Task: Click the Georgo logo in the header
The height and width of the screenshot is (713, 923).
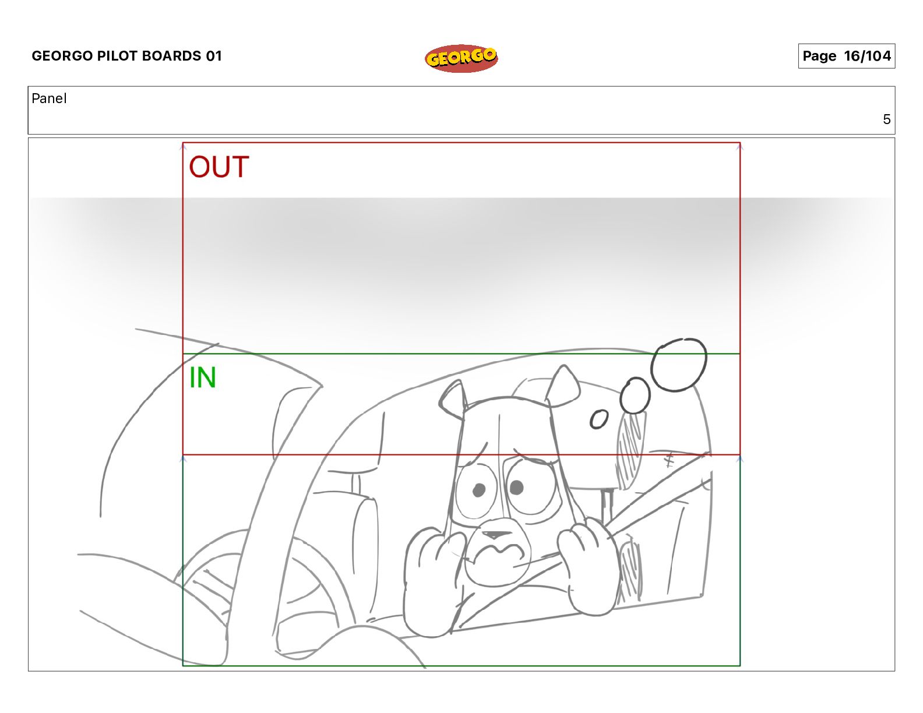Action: (x=461, y=58)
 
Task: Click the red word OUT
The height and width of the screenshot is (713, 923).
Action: (x=219, y=167)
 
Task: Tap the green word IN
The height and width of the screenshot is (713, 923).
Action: (x=203, y=377)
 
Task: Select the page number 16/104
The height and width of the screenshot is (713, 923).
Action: (x=868, y=56)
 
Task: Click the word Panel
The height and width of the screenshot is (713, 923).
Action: (x=49, y=98)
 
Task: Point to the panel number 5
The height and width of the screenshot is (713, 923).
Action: (x=886, y=119)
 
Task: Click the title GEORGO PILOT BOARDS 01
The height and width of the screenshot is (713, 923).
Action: (x=126, y=56)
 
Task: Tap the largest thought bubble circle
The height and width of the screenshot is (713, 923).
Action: (x=679, y=364)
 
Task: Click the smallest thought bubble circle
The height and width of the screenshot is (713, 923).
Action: (x=599, y=419)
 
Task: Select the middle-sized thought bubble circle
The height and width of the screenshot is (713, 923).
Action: (x=635, y=396)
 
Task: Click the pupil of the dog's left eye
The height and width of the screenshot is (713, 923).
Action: (x=479, y=490)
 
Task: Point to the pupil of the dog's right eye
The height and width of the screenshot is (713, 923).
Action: (x=516, y=487)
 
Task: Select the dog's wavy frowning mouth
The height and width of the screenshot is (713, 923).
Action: (x=501, y=551)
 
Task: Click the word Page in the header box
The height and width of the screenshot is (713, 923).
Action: (x=819, y=56)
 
